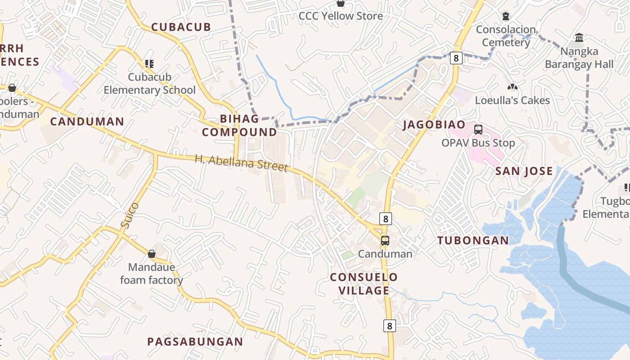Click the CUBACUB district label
[181, 27]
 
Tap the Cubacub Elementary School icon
[149, 64]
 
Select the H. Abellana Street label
[241, 163]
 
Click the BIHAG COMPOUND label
[239, 126]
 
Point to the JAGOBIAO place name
[434, 125]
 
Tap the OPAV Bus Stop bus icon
[478, 130]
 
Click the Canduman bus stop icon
[385, 241]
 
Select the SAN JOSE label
[524, 171]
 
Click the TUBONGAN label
[473, 240]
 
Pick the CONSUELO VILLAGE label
[364, 283]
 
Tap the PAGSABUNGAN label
[195, 342]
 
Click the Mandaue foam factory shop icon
[152, 254]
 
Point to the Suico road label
[130, 216]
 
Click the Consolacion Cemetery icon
[506, 17]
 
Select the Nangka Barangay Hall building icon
[579, 38]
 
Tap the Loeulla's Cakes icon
[512, 87]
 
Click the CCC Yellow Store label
[341, 16]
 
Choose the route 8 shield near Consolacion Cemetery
[456, 58]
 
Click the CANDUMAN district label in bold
[87, 121]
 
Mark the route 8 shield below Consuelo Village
[389, 325]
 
